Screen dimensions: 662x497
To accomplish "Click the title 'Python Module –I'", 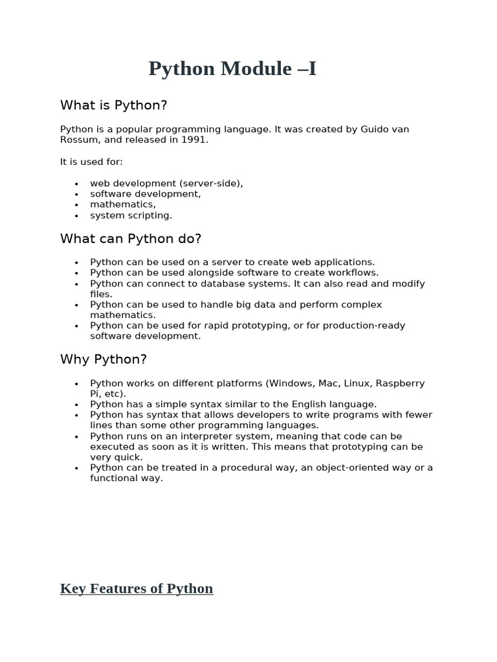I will pyautogui.click(x=232, y=69).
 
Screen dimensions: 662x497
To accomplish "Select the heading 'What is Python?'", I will pyautogui.click(x=113, y=105).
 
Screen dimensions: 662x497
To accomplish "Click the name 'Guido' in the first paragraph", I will pyautogui.click(x=376, y=129).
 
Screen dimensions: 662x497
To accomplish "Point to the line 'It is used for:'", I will pyautogui.click(x=91, y=162).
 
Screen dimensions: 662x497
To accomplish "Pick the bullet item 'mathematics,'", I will pyautogui.click(x=123, y=204).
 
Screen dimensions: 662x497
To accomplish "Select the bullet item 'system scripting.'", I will pyautogui.click(x=131, y=215).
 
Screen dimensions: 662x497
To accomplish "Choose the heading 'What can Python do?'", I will pyautogui.click(x=131, y=239).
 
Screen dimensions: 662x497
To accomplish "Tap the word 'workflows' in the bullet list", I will pyautogui.click(x=355, y=273).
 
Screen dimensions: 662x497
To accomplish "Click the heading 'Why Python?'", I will pyautogui.click(x=104, y=359).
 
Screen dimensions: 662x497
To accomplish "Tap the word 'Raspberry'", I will pyautogui.click(x=401, y=383).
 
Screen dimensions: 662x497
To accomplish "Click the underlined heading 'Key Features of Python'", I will pyautogui.click(x=137, y=588).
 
